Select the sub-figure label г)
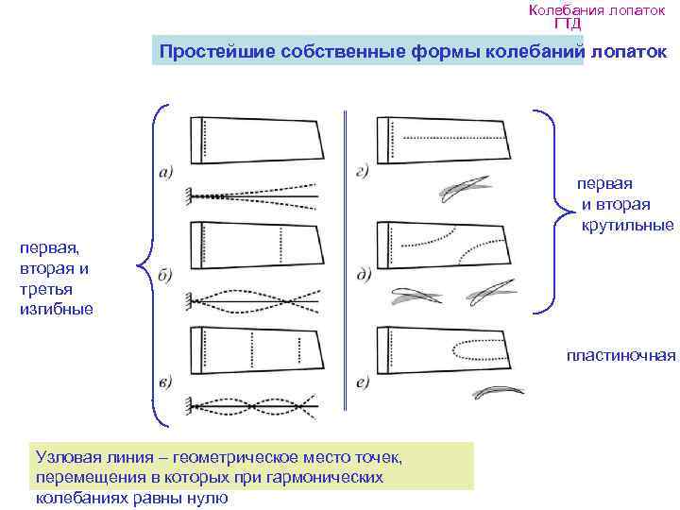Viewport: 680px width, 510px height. click(x=363, y=173)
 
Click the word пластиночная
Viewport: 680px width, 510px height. click(x=621, y=355)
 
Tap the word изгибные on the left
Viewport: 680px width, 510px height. click(x=57, y=309)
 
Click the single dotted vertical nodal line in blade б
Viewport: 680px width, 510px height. click(x=281, y=245)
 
